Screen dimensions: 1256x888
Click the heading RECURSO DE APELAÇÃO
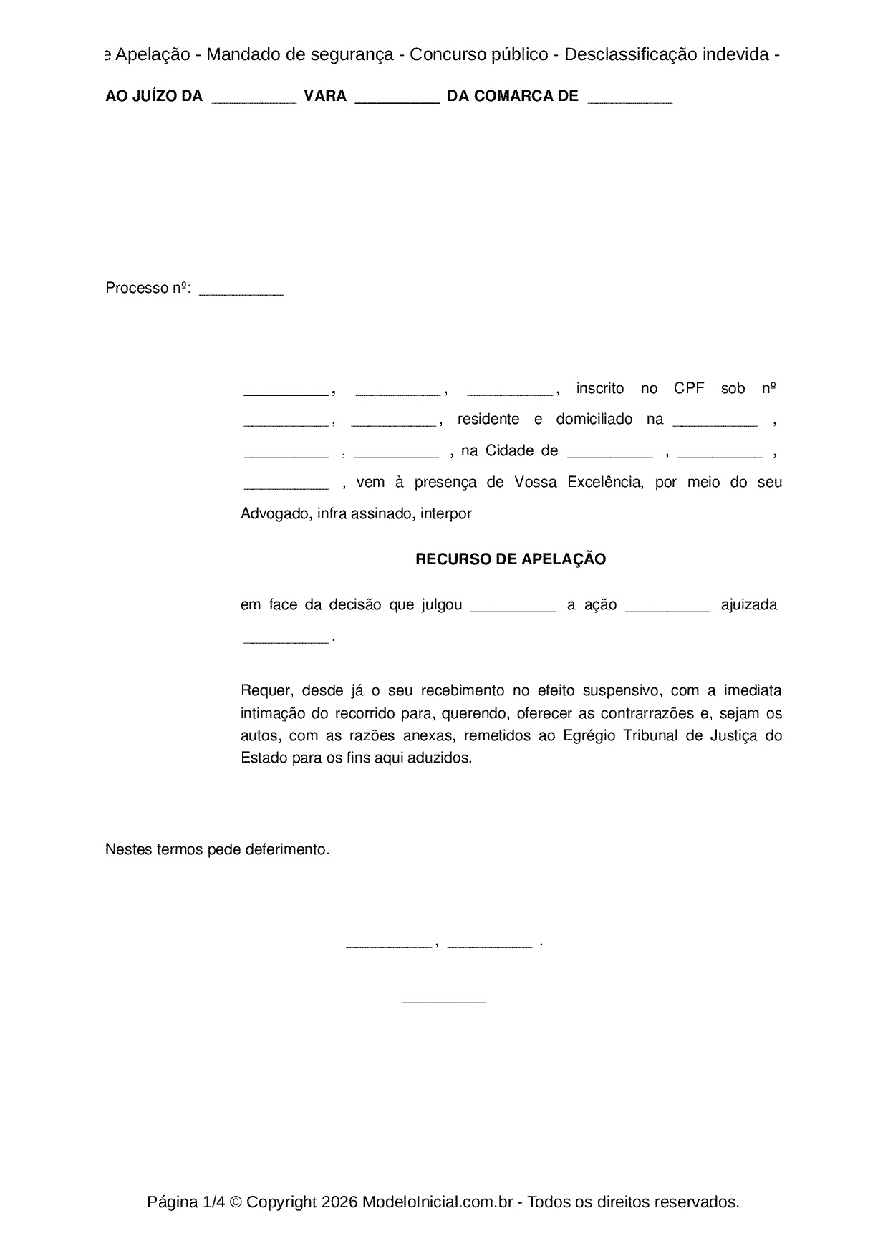pos(511,559)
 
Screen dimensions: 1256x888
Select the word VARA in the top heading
pos(325,96)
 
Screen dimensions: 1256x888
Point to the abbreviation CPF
pos(689,388)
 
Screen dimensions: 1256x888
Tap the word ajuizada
pos(749,604)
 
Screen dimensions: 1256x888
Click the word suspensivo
pos(625,690)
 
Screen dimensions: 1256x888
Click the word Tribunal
pos(652,735)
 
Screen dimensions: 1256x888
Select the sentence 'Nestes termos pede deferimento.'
pos(217,849)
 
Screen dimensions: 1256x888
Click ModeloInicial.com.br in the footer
pos(438,1202)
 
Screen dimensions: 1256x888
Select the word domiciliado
pos(594,419)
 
